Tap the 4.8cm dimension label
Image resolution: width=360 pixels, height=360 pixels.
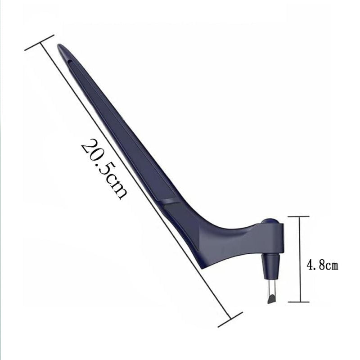tap(322, 265)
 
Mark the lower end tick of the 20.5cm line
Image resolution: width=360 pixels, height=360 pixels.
tap(230, 319)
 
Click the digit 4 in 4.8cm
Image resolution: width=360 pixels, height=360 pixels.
tap(310, 265)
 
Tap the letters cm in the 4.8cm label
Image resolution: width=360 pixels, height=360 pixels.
tap(332, 265)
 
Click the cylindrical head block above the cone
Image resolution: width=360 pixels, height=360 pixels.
tap(274, 238)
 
